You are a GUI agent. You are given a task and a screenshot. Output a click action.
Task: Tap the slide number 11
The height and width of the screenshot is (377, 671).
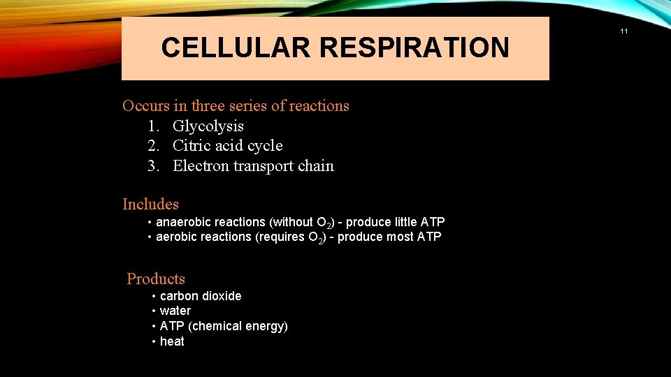(624, 31)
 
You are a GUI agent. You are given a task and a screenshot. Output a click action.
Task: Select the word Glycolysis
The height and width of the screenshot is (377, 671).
(208, 126)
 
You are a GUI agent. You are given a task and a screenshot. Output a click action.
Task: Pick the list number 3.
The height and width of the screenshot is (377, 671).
(153, 165)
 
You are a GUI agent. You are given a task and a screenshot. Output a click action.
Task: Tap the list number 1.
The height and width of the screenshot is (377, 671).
(153, 126)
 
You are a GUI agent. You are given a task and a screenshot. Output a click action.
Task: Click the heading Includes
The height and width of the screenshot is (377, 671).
(150, 204)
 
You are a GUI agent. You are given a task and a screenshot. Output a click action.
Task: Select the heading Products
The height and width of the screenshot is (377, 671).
(156, 279)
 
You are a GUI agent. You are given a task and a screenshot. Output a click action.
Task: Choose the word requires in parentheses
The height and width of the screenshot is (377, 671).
(281, 237)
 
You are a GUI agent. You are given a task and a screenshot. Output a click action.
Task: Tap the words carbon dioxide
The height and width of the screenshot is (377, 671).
(201, 296)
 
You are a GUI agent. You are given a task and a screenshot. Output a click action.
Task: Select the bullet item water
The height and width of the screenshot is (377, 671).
(175, 311)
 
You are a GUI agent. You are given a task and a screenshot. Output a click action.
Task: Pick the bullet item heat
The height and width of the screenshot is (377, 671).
(172, 341)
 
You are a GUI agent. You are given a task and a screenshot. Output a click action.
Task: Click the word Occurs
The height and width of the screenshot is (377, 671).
(145, 105)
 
